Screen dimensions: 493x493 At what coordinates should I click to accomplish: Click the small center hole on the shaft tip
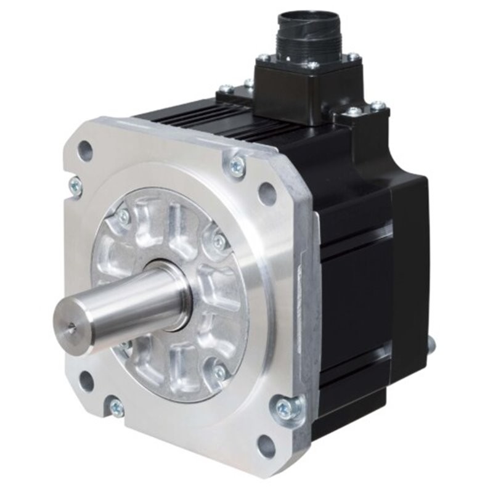pyautogui.click(x=72, y=329)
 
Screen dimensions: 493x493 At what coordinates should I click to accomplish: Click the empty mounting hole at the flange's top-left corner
pyautogui.click(x=85, y=150)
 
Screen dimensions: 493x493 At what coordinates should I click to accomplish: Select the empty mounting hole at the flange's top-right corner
pyautogui.click(x=267, y=194)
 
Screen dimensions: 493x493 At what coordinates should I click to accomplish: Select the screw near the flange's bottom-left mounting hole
pyautogui.click(x=116, y=407)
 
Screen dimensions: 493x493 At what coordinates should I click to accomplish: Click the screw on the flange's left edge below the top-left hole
pyautogui.click(x=75, y=185)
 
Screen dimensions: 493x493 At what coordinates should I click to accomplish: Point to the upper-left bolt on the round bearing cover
pyautogui.click(x=124, y=217)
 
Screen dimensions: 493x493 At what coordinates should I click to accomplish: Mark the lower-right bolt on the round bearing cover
pyautogui.click(x=219, y=373)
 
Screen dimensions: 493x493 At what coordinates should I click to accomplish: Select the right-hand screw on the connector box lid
pyautogui.click(x=353, y=57)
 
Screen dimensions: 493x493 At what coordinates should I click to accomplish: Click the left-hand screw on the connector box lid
pyautogui.click(x=264, y=58)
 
